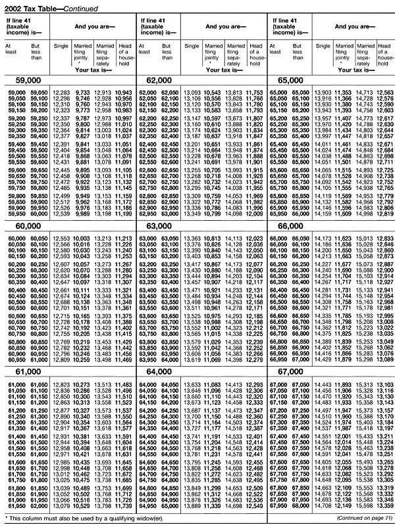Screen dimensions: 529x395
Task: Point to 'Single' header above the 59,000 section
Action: point(61,45)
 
